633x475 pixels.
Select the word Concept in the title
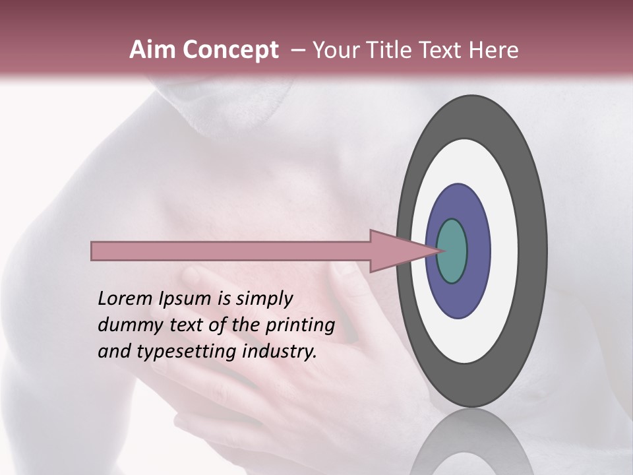(x=230, y=50)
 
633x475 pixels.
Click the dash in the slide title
(x=298, y=50)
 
